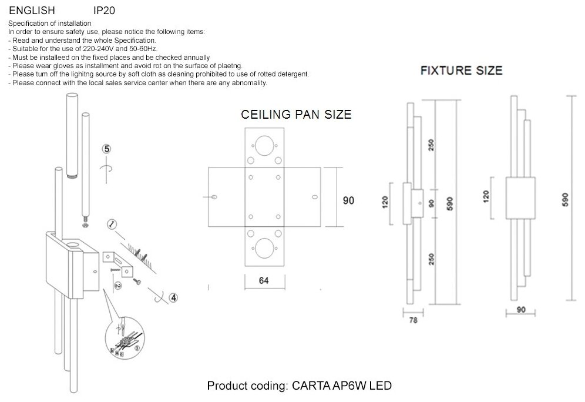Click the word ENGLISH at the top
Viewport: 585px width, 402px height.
tap(32, 11)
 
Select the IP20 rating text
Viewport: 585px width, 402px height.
tap(105, 11)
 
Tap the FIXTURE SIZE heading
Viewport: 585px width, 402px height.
tap(461, 71)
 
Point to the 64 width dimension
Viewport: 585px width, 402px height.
tap(264, 281)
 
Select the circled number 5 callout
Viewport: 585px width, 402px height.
tap(106, 149)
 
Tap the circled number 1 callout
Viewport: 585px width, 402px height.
tap(112, 224)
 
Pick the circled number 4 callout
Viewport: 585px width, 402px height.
tap(173, 297)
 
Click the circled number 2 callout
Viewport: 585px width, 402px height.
tap(118, 286)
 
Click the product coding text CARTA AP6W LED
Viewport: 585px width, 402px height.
tap(299, 386)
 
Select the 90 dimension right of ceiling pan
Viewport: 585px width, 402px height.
tap(348, 200)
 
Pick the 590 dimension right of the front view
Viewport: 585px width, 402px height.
tap(566, 200)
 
